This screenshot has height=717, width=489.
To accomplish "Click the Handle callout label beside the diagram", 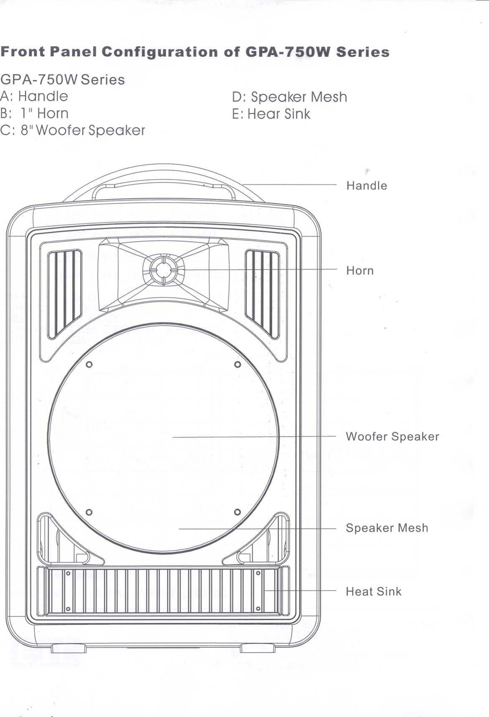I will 366,185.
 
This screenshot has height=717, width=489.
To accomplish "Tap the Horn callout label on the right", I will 360,270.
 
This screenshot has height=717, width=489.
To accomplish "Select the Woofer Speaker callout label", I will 392,437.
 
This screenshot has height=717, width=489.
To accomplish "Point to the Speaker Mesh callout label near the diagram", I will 387,528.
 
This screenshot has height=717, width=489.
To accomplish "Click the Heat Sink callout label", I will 373,591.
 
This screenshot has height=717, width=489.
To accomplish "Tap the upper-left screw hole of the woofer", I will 89,365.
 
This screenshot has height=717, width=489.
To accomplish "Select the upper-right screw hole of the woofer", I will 237,364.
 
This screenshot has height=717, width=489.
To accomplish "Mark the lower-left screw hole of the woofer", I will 89,512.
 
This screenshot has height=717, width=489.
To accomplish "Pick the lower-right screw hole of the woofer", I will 237,512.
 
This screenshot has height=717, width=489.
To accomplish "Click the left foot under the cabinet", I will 68,648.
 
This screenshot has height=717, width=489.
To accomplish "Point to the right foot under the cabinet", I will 257,648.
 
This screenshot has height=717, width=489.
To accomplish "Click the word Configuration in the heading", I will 160,52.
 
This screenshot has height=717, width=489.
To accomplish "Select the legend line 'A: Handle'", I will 34,96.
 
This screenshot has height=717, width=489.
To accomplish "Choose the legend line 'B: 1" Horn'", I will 34,114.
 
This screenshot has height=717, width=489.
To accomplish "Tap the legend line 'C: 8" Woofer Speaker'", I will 73,131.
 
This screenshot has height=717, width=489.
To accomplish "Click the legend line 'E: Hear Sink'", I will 271,114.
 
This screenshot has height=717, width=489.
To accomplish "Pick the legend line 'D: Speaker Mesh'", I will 289,97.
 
